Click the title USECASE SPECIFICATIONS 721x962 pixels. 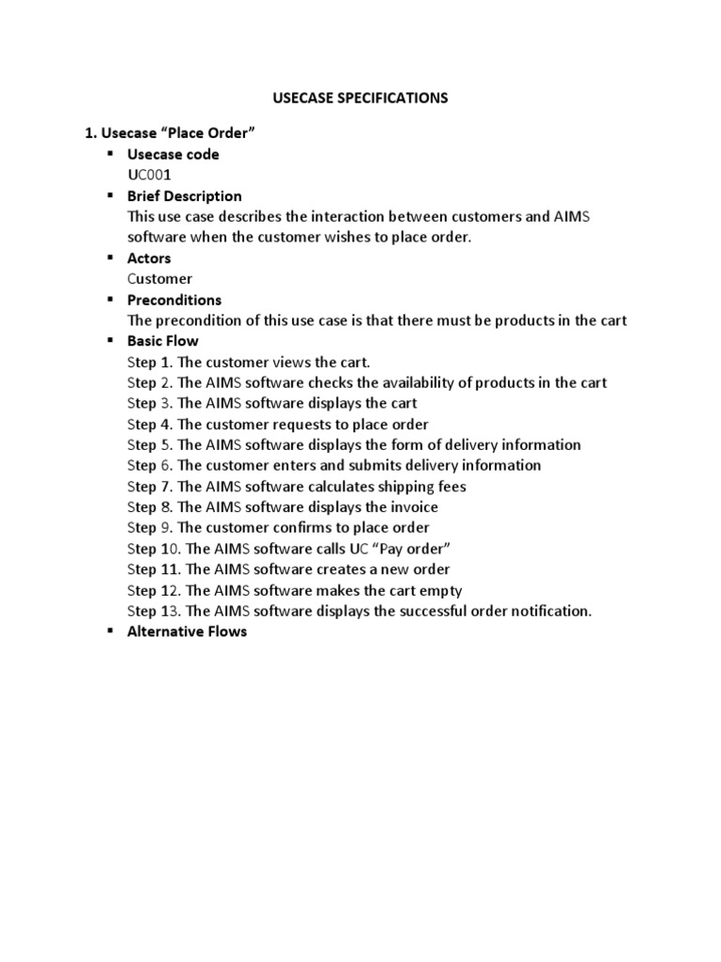360,98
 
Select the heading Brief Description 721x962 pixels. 184,196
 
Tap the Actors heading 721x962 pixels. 149,258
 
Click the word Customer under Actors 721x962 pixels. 160,279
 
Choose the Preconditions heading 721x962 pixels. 175,300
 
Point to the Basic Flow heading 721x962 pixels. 162,341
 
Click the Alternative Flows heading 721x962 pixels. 187,631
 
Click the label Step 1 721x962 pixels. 149,362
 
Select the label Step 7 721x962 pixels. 149,487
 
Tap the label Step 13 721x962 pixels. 153,611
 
